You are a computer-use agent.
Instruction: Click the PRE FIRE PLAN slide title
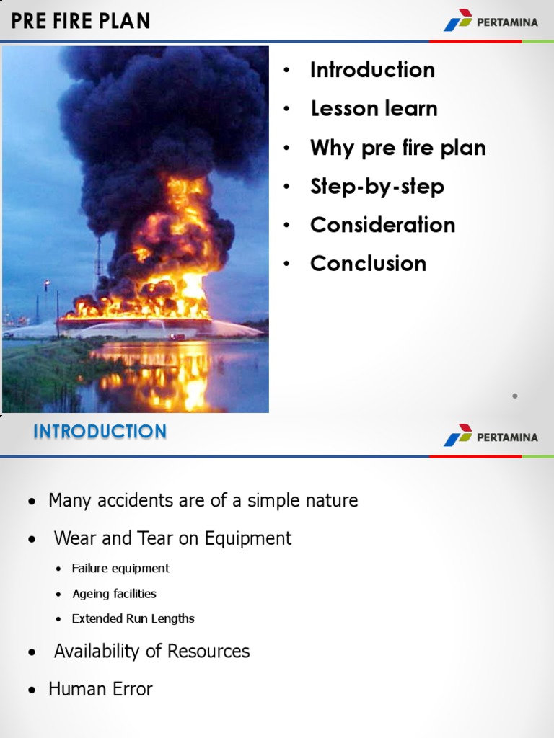(81, 21)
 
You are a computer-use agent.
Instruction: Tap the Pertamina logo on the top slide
(491, 21)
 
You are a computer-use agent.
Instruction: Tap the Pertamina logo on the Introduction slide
(491, 436)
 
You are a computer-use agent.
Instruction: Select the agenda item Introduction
(372, 70)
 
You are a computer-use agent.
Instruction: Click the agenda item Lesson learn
(374, 109)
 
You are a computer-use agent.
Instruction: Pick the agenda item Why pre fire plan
(397, 148)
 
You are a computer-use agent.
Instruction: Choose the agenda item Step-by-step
(377, 187)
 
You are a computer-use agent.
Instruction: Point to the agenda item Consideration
(382, 225)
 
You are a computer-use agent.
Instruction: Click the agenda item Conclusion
(368, 264)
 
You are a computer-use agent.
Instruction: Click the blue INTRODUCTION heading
(100, 432)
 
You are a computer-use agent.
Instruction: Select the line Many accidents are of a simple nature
(203, 500)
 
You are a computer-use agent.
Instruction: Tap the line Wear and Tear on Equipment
(172, 538)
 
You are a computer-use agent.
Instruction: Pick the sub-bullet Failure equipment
(120, 569)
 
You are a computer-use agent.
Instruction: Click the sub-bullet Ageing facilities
(114, 594)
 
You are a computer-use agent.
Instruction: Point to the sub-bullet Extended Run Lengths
(133, 618)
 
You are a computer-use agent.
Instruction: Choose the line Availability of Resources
(151, 652)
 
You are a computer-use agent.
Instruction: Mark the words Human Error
(100, 690)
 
